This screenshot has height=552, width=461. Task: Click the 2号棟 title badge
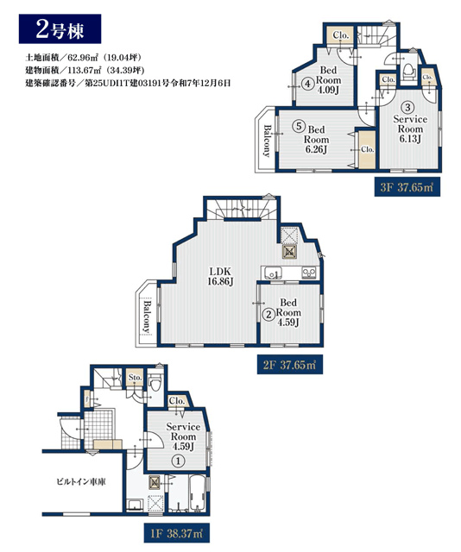point(60,28)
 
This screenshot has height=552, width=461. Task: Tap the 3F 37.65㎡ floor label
point(407,187)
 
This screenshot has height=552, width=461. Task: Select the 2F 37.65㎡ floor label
point(290,365)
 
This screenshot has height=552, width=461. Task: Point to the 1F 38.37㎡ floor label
point(177,534)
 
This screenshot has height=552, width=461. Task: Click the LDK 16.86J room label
point(220,277)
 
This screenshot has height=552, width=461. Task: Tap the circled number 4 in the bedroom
point(308,85)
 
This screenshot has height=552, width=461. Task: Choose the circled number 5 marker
point(299,126)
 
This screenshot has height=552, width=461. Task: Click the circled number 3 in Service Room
point(407,107)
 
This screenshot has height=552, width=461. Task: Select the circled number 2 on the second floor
point(269,314)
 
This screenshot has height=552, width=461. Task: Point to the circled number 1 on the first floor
point(179,461)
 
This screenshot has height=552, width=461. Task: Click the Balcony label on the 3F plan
point(268,141)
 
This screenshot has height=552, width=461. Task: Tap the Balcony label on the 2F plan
point(147,317)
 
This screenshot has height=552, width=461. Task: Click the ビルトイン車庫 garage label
point(81,481)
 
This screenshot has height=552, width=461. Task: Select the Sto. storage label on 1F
point(135,378)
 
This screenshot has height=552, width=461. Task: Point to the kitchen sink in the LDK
point(272,273)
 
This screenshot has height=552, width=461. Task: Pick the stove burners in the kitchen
point(309,273)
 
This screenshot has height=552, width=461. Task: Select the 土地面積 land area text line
point(84,58)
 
